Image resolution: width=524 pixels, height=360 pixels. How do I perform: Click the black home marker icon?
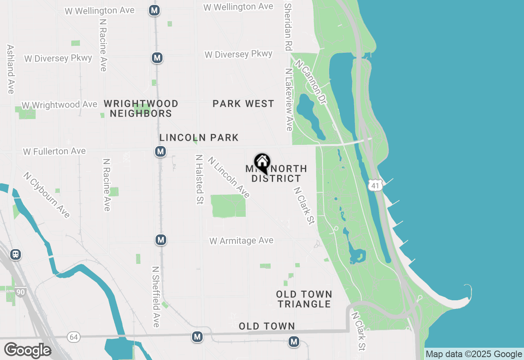click(262, 163)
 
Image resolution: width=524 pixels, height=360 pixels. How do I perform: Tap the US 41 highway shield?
click(375, 185)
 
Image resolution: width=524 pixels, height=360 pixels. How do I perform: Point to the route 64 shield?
click(74, 337)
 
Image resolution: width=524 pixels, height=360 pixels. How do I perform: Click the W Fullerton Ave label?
click(54, 151)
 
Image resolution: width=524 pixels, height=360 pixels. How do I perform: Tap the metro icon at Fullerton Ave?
click(160, 152)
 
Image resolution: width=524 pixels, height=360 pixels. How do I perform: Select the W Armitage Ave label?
click(242, 241)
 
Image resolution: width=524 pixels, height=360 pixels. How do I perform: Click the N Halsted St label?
click(199, 179)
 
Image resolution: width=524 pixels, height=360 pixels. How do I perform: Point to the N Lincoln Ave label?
click(228, 177)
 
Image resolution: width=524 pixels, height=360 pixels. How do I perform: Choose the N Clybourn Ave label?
click(47, 195)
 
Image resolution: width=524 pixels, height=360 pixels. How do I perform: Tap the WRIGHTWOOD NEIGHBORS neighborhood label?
click(141, 108)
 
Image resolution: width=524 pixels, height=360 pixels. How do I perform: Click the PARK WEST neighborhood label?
click(243, 104)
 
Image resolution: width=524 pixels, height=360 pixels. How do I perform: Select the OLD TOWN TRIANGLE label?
click(304, 299)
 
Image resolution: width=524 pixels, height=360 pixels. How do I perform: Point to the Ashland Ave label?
click(11, 69)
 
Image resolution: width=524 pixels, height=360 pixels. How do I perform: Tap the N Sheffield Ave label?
click(156, 297)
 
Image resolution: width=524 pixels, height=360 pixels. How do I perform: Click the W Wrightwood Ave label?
click(59, 105)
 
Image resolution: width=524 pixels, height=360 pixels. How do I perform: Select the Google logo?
click(27, 350)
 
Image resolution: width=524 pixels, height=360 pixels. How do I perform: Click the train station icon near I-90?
click(16, 254)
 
